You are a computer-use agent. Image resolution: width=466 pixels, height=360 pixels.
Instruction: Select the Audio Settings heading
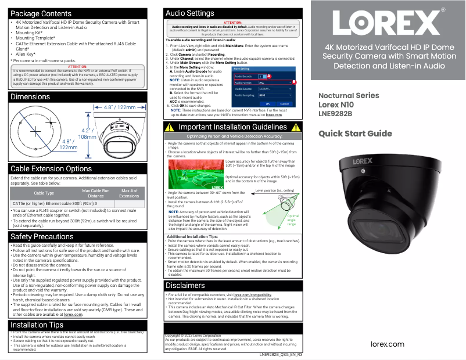[x=190, y=13]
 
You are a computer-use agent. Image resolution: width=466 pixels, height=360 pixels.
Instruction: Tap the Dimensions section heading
[x=30, y=97]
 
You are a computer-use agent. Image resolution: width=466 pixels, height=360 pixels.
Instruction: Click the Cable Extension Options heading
[x=51, y=169]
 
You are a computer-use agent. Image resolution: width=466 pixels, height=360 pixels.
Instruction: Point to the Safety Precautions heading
[x=42, y=237]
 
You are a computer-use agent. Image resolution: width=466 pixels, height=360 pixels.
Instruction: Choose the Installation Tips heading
[x=37, y=325]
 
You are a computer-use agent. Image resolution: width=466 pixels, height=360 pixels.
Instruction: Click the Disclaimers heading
[x=185, y=286]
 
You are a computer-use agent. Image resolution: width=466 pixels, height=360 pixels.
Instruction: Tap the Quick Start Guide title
[x=355, y=134]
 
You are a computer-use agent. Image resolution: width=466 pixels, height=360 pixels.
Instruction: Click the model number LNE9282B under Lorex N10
[x=335, y=114]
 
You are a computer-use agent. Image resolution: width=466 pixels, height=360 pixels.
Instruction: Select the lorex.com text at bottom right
[x=388, y=344]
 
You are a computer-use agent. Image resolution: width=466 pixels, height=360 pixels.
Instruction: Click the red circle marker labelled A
[x=269, y=76]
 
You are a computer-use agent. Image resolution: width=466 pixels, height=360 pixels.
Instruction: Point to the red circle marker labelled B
[x=294, y=82]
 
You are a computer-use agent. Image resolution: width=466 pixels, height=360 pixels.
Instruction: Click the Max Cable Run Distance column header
[x=96, y=193]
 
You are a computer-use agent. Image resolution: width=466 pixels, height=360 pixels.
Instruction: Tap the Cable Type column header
[x=44, y=193]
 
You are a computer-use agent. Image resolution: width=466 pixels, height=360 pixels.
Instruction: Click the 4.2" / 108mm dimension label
[x=88, y=134]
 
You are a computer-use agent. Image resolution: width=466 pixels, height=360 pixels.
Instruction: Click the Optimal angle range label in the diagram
[x=292, y=219]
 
